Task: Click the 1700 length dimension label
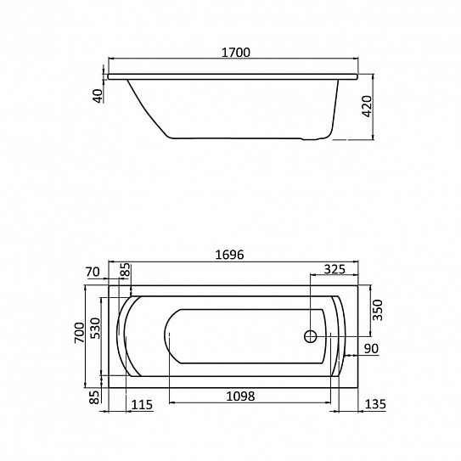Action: click(x=235, y=53)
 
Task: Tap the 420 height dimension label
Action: click(x=368, y=106)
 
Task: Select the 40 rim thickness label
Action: click(x=98, y=96)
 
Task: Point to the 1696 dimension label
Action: click(x=229, y=255)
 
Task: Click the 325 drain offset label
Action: click(x=335, y=269)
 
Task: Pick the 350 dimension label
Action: click(x=378, y=310)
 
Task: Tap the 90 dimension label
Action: click(x=371, y=349)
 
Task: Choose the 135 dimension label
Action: click(x=375, y=404)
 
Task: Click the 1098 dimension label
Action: click(x=240, y=396)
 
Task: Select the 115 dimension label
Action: click(x=142, y=405)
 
